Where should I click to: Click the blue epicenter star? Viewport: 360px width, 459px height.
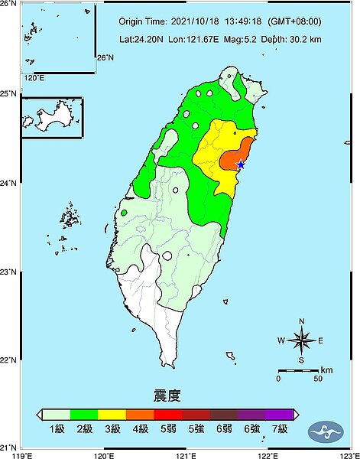[241, 164]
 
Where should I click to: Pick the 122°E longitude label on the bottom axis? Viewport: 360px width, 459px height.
[267, 454]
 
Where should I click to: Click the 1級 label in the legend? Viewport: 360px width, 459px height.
[58, 429]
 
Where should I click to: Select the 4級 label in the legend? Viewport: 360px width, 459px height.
[140, 429]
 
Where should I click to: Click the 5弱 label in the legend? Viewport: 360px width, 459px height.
[167, 429]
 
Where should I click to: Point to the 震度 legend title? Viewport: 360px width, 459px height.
[167, 396]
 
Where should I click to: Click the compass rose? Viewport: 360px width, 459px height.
[302, 340]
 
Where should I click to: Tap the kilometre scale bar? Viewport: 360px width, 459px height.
[297, 370]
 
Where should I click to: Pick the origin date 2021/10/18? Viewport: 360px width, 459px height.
[196, 22]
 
